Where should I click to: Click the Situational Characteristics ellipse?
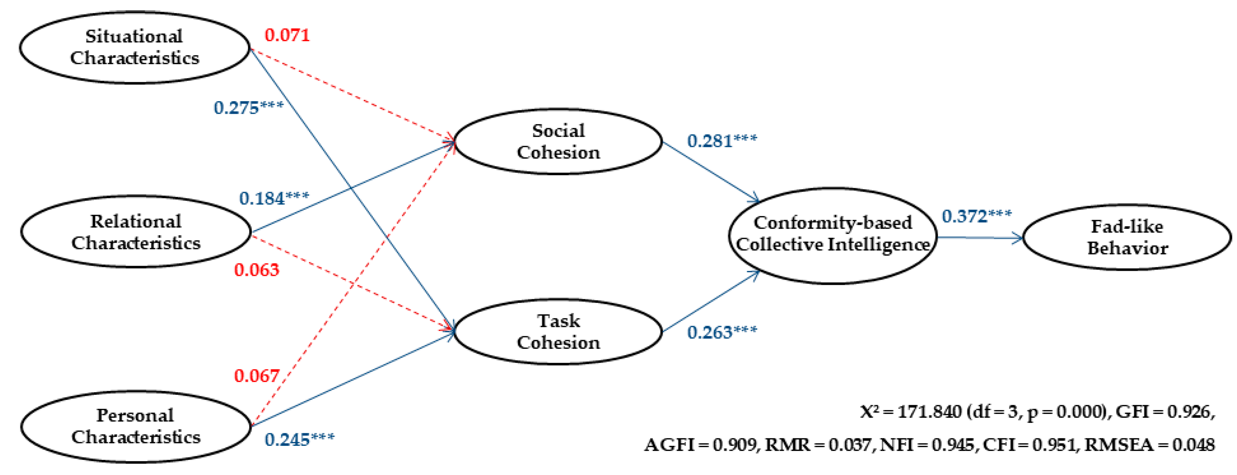[x=135, y=47]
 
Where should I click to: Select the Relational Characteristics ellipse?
[x=136, y=232]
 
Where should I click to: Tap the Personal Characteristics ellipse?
[x=136, y=426]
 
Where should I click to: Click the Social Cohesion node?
[x=558, y=141]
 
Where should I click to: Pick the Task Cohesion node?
[x=558, y=332]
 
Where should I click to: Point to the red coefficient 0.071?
[x=287, y=35]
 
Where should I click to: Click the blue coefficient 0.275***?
[x=248, y=108]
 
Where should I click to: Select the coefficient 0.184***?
[x=274, y=198]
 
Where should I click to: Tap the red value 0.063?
[x=256, y=270]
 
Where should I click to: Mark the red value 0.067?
[x=256, y=376]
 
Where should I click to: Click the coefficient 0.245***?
[x=299, y=439]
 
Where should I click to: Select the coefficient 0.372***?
[x=976, y=216]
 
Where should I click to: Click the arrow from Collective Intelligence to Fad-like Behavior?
[x=980, y=237]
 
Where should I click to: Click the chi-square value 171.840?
[x=929, y=412]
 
